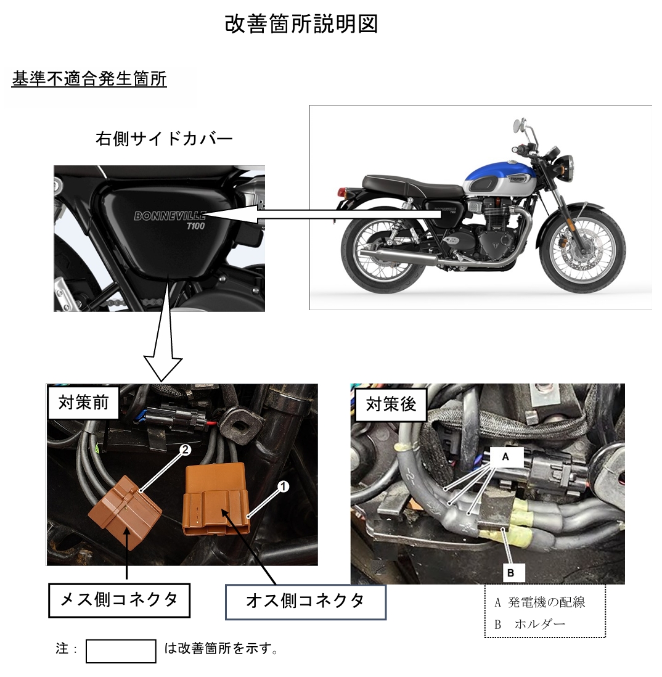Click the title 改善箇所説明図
click(301, 24)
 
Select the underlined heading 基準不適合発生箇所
click(89, 79)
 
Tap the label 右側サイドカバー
click(164, 139)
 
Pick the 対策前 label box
click(83, 403)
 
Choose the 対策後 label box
click(391, 404)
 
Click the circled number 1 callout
click(283, 487)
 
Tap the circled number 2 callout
click(185, 450)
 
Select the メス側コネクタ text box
click(119, 600)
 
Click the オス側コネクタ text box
click(306, 602)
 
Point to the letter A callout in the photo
click(506, 457)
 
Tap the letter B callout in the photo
click(511, 573)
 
